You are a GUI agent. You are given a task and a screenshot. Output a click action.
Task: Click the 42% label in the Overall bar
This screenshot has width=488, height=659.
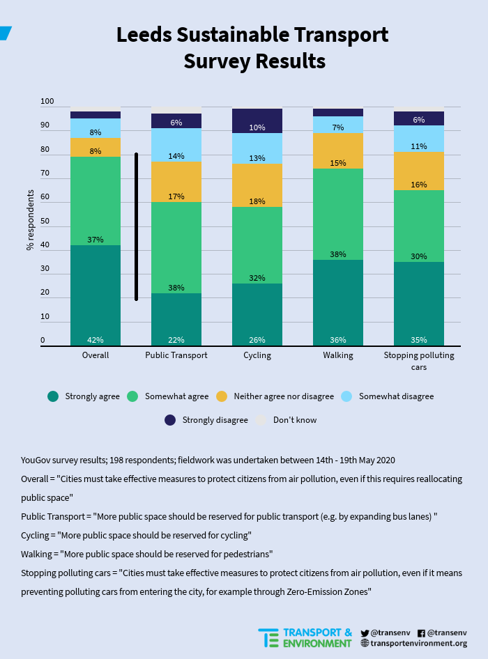coord(96,340)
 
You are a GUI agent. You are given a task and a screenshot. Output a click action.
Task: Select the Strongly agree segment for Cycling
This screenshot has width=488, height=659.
coord(257,313)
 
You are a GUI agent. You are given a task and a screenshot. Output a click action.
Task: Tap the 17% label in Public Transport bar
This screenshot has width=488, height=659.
coord(176,196)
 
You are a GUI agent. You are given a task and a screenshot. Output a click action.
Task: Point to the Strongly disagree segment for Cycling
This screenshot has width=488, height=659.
coord(257,120)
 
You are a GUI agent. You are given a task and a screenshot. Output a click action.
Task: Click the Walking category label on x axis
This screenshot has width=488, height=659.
coord(338,355)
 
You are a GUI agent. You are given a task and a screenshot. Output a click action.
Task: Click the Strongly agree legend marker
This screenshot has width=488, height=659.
coord(53,396)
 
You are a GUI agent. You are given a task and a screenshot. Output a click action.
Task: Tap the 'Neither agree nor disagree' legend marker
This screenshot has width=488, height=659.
coord(222,396)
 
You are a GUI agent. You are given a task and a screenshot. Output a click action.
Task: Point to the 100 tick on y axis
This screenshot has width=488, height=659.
coord(47,102)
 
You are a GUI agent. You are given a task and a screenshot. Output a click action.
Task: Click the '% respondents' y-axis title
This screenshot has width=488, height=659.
coord(30,220)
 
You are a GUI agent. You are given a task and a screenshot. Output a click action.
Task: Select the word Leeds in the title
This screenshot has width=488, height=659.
coord(148,35)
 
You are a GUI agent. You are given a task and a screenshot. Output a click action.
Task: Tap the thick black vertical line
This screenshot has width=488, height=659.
coord(136,227)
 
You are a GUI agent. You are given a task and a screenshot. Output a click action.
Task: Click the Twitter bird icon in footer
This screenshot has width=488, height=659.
coord(365,633)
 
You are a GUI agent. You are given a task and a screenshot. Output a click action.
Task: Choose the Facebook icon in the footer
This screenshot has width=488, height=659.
coord(421,633)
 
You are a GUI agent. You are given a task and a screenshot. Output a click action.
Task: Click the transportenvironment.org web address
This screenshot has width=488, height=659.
coord(419,644)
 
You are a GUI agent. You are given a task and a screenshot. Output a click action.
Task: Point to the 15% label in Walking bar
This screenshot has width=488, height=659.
coord(338,163)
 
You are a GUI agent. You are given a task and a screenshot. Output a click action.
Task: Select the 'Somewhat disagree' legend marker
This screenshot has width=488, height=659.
coord(346,396)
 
